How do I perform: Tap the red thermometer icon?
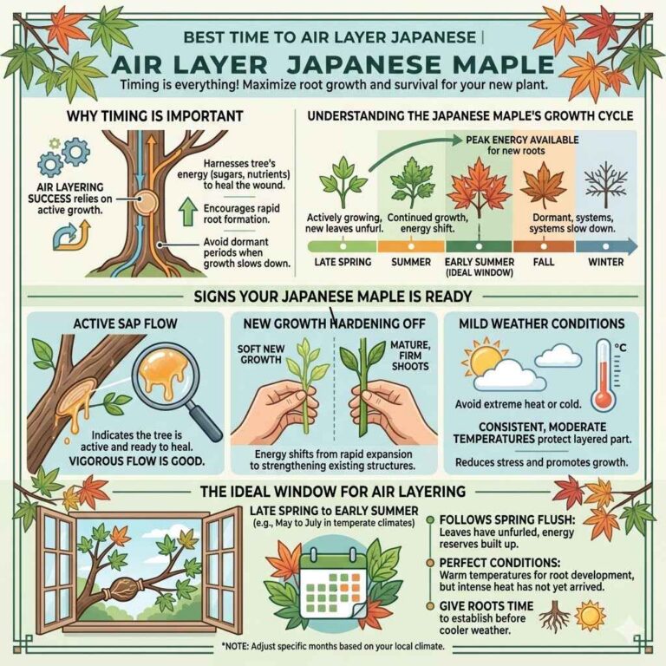[x=604, y=375]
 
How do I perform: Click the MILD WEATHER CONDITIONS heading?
[x=541, y=323]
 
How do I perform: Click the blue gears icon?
[x=69, y=154]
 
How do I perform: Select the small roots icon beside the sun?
[x=554, y=617]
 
